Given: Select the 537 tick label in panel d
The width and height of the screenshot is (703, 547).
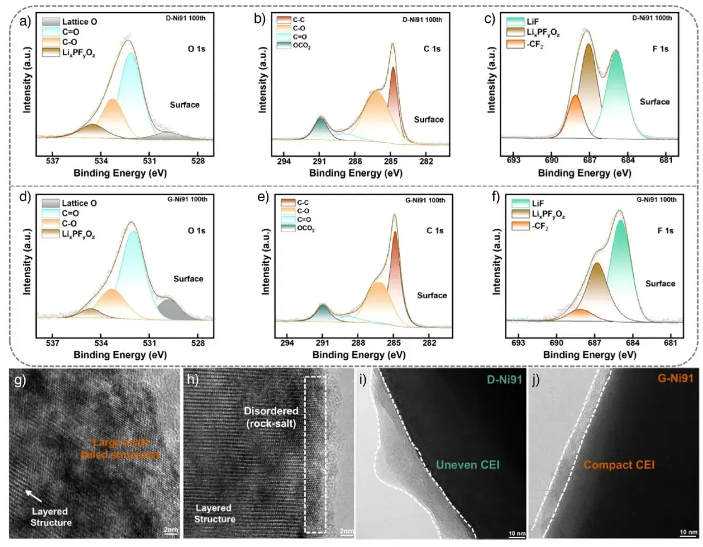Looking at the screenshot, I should click(x=52, y=343).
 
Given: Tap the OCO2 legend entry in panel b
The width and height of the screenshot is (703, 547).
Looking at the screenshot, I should click(x=301, y=46).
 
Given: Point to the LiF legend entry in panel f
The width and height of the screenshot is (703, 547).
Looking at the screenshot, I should click(x=538, y=203).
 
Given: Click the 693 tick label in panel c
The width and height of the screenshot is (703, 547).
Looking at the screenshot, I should click(x=513, y=160).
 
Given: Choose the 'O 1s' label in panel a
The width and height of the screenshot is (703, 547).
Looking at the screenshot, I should click(x=197, y=49).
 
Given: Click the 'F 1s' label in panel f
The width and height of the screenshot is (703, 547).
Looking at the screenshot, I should click(x=665, y=230).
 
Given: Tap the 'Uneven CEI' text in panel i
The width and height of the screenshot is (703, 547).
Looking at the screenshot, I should click(x=468, y=465).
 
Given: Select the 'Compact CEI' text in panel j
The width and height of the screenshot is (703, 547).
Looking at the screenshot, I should click(x=619, y=465).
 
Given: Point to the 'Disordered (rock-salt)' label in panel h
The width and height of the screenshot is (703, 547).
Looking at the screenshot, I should click(x=271, y=417).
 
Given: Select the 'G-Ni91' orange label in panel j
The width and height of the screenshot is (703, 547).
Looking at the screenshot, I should click(x=675, y=378).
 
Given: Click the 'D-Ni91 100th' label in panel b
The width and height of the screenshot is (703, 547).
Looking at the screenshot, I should click(x=422, y=19).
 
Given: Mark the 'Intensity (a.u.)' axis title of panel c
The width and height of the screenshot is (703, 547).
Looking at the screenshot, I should click(x=491, y=80).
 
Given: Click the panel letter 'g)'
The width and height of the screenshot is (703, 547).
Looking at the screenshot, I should click(x=21, y=380).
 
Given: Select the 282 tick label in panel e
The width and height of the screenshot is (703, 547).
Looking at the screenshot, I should click(x=429, y=343).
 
